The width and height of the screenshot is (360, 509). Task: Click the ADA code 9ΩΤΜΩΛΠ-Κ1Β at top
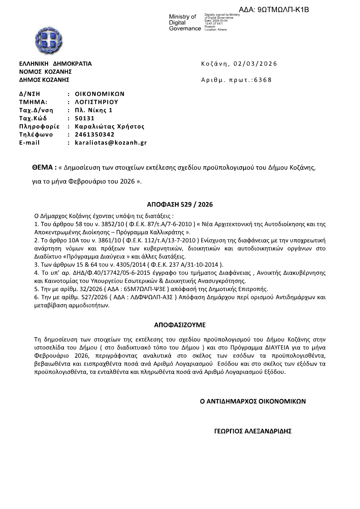(274, 10)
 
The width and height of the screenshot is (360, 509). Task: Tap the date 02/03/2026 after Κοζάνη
(255, 64)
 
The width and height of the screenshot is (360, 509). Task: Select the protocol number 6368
(263, 80)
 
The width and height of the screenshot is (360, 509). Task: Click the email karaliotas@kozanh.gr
(111, 143)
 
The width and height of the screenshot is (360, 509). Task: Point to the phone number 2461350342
(95, 135)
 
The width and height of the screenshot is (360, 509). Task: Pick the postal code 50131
(85, 119)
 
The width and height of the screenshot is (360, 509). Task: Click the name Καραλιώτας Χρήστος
(109, 126)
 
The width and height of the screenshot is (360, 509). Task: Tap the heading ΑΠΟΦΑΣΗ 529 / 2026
(180, 205)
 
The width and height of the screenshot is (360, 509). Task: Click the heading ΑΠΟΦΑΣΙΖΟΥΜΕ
(180, 325)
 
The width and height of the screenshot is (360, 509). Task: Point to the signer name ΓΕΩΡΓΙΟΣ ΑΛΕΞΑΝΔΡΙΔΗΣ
(253, 431)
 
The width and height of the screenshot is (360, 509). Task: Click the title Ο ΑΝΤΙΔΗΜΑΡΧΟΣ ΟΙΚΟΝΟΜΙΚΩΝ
(253, 401)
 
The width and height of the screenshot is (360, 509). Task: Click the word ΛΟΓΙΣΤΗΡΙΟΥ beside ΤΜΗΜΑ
(96, 102)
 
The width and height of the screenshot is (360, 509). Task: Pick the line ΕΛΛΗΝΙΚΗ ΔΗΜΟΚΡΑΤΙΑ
(55, 64)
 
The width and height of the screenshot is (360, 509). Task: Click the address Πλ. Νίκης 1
(94, 110)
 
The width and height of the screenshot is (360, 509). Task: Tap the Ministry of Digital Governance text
(185, 22)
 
